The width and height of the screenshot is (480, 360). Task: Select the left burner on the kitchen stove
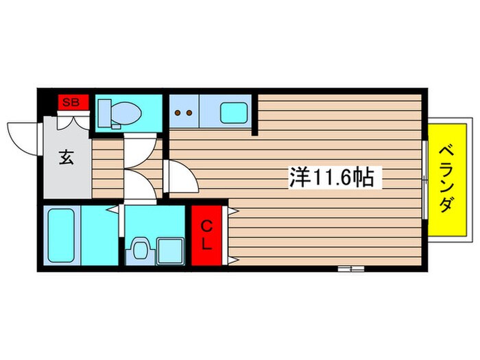(x=178, y=113)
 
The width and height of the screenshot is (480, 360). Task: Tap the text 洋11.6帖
(x=331, y=178)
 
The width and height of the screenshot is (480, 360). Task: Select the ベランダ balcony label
(x=445, y=177)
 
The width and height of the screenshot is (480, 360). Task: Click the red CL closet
(x=208, y=235)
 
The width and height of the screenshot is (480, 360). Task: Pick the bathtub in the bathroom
(x=60, y=235)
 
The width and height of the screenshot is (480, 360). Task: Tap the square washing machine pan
(x=169, y=250)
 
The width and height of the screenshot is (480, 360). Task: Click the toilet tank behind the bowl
(x=106, y=110)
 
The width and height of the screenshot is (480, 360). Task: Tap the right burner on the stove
(x=187, y=113)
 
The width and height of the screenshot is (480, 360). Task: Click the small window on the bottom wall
(x=350, y=269)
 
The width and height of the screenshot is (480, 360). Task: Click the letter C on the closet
(x=207, y=225)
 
